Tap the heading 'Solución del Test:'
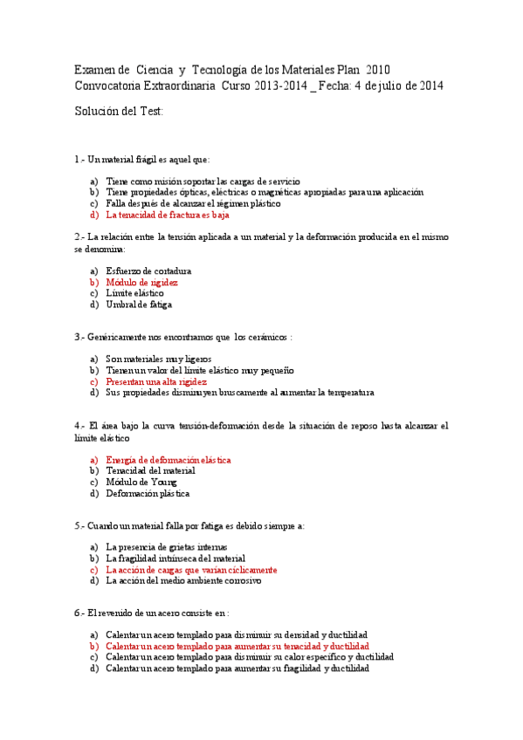pyautogui.click(x=119, y=112)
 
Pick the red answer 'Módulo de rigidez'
pyautogui.click(x=142, y=283)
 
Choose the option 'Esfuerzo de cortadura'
pyautogui.click(x=148, y=271)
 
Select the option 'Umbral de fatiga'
pyautogui.click(x=139, y=305)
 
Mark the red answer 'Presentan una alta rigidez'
pyautogui.click(x=156, y=381)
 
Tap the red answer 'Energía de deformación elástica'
pyautogui.click(x=169, y=459)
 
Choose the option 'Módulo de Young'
pyautogui.click(x=141, y=482)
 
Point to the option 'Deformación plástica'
pyautogui.click(x=148, y=493)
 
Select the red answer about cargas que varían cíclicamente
pyautogui.click(x=191, y=570)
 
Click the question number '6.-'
pyautogui.click(x=81, y=613)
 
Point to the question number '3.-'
pyautogui.click(x=81, y=336)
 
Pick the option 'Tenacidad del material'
pyautogui.click(x=150, y=470)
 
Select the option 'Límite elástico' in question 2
pyautogui.click(x=134, y=293)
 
